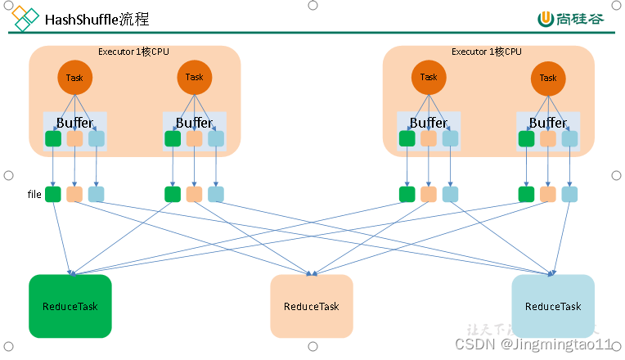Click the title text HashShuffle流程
[x=97, y=19]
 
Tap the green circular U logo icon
[x=546, y=19]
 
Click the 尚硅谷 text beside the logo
[x=582, y=19]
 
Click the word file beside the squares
[x=34, y=195]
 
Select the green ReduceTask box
[x=70, y=306]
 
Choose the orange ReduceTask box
[x=312, y=306]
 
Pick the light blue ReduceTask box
[x=553, y=306]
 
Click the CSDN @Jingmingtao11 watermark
[x=537, y=344]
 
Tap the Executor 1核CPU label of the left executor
[x=133, y=52]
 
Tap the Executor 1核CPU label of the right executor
[x=486, y=52]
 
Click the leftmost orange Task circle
[x=74, y=79]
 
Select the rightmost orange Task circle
[x=548, y=79]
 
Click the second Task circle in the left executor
[x=194, y=78]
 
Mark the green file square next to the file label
[x=53, y=194]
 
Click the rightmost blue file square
[x=569, y=194]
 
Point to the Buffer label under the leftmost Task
[x=74, y=123]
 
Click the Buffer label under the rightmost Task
[x=548, y=123]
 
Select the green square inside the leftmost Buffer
[x=53, y=138]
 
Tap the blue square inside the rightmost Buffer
[x=569, y=138]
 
